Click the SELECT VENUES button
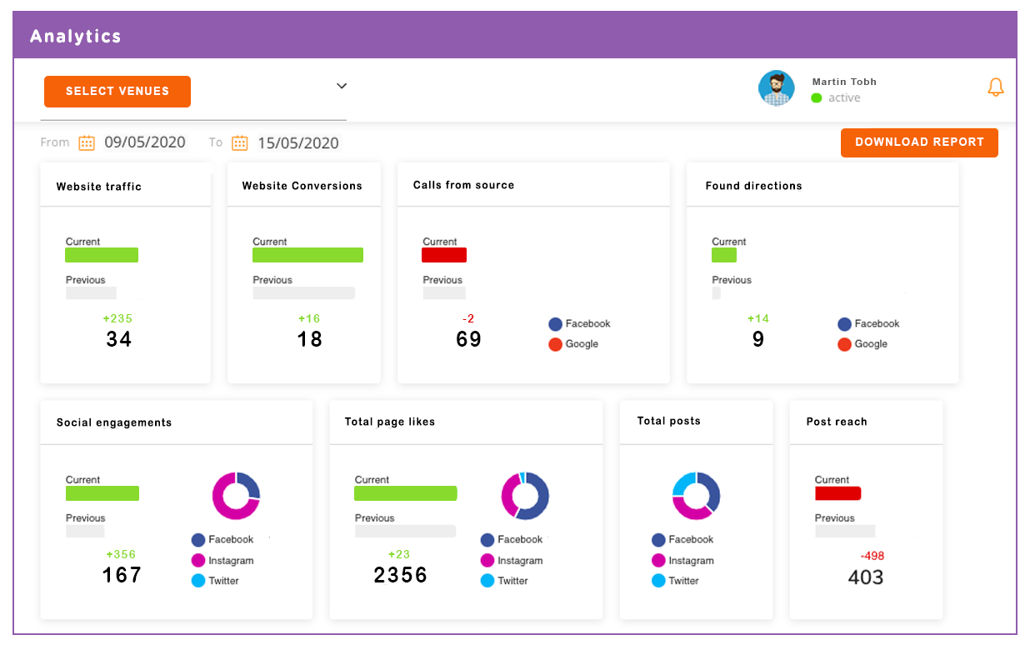click(117, 92)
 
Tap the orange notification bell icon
click(995, 87)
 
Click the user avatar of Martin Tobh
click(776, 88)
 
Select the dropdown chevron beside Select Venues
click(342, 86)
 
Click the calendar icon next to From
click(87, 142)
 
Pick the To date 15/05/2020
click(297, 143)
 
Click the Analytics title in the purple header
click(76, 37)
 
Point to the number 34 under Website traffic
click(119, 339)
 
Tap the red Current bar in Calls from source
click(444, 255)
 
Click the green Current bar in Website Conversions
click(307, 255)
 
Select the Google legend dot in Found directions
click(844, 344)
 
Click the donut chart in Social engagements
click(237, 496)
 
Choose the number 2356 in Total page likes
click(401, 575)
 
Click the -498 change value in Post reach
click(872, 556)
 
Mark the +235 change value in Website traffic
click(117, 318)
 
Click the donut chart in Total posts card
click(696, 496)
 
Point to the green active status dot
click(817, 98)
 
